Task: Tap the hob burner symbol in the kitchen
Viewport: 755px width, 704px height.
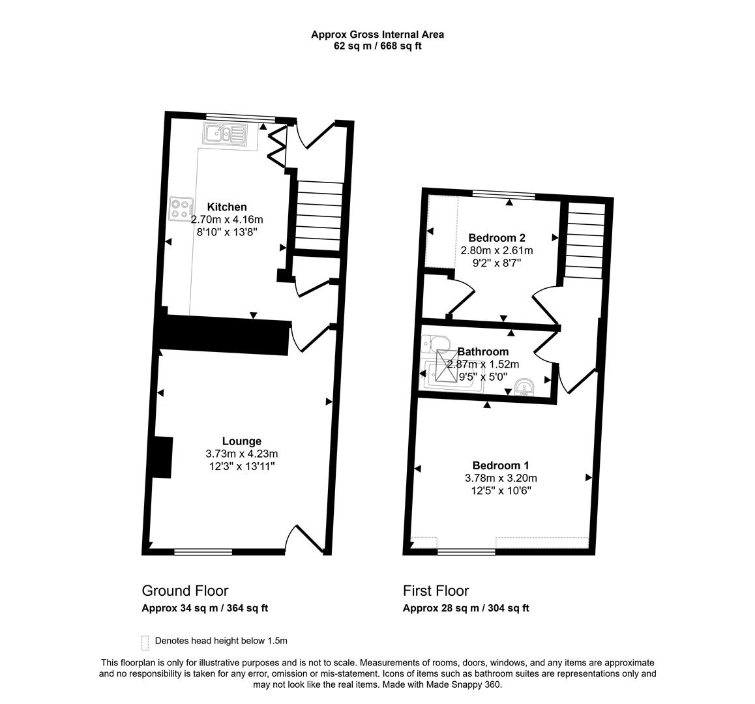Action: [181, 209]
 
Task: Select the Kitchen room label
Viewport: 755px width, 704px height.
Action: [227, 207]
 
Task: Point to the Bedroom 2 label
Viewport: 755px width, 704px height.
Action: [497, 238]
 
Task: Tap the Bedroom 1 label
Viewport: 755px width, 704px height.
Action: [500, 465]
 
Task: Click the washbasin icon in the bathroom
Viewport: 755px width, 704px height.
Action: [524, 388]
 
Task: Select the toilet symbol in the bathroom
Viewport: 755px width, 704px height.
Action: [433, 344]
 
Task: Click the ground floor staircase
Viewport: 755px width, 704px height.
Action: [319, 215]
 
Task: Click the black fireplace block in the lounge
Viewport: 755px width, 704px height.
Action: [161, 457]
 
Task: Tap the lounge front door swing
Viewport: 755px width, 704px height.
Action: [304, 540]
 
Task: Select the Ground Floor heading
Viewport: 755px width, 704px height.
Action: [185, 591]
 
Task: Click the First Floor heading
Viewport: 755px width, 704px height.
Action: [436, 591]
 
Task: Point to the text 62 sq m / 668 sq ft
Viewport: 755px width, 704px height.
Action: [377, 46]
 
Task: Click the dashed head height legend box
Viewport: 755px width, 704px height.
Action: [145, 643]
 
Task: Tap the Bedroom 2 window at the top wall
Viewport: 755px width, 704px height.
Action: [503, 194]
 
